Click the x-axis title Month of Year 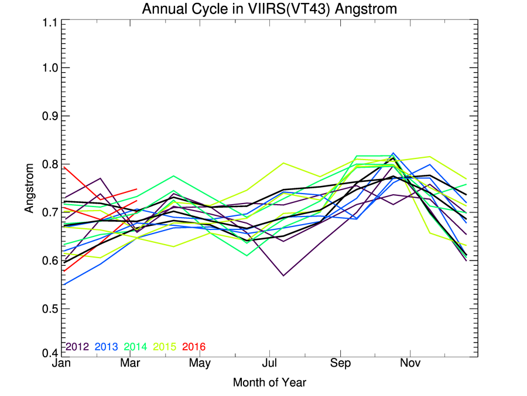point(269,383)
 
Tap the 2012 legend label point(77,347)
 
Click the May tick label point(200,364)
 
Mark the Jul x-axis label point(269,364)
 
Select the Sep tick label point(340,364)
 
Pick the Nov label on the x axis point(410,364)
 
